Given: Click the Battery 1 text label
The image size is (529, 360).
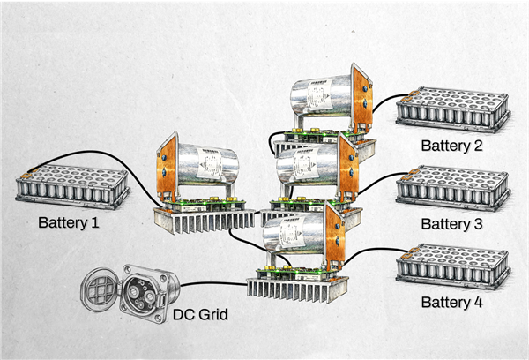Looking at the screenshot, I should tap(68, 223).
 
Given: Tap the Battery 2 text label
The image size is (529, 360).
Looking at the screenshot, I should tap(451, 146).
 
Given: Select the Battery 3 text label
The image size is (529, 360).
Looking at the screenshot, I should tap(451, 224).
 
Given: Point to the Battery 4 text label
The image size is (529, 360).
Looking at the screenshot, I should tap(451, 303).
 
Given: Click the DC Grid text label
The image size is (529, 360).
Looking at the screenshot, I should tap(202, 315).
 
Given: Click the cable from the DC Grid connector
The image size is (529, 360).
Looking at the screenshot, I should tap(212, 284).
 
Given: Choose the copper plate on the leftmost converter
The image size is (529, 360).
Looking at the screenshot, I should tap(167, 168).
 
